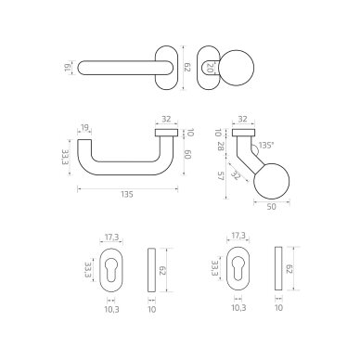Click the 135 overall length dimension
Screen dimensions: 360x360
[127, 195]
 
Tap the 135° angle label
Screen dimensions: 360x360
[266, 145]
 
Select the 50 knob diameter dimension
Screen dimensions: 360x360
[271, 207]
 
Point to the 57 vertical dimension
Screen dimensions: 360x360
[221, 176]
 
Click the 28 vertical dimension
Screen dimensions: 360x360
[221, 147]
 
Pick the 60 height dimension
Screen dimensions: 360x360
[188, 155]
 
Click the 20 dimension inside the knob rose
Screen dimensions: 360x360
[210, 68]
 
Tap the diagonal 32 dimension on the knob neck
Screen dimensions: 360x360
[237, 175]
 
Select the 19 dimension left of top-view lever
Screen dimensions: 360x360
[68, 68]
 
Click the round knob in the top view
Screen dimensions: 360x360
[238, 68]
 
